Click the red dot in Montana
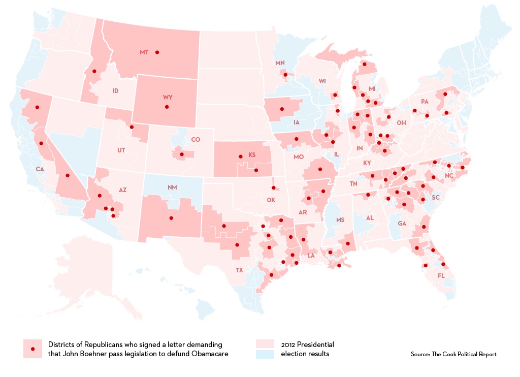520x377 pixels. [x=157, y=52]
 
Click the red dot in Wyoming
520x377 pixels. [x=167, y=107]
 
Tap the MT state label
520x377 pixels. [x=144, y=52]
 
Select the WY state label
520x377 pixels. [x=168, y=97]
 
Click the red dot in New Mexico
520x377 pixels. [x=171, y=218]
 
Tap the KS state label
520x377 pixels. [x=251, y=155]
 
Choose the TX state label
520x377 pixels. [x=239, y=270]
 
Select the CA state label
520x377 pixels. [x=39, y=169]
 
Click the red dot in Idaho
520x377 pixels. [x=94, y=72]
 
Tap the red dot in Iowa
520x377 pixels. [x=281, y=109]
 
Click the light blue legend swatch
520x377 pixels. [x=266, y=354]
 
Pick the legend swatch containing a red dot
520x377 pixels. [x=32, y=349]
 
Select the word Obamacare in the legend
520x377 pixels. [x=209, y=354]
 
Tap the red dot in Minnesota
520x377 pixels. [x=285, y=75]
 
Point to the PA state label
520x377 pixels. [x=425, y=102]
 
